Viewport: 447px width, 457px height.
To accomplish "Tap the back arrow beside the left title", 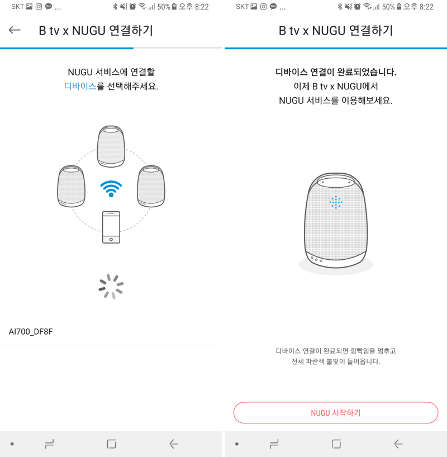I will coord(15,30).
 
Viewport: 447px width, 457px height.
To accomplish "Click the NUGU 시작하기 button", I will coord(336,413).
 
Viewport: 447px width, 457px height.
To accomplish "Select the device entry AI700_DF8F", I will coord(31,332).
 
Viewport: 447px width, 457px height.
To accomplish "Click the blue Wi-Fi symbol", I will coord(111,188).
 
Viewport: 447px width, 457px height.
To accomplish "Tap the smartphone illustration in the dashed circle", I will coord(111,227).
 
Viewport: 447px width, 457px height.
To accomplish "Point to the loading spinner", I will coord(111,286).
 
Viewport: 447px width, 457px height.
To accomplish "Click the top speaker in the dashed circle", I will coord(111,146).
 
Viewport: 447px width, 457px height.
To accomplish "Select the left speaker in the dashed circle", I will coord(72,187).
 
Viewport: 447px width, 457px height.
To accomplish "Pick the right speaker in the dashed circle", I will coord(151,187).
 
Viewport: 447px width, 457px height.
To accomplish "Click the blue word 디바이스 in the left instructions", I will coord(80,87).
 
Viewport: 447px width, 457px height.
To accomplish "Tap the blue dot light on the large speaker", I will coord(336,202).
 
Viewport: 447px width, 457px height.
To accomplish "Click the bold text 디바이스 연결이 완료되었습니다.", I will coord(336,72).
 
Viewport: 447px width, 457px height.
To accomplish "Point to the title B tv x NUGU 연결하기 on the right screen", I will coord(336,30).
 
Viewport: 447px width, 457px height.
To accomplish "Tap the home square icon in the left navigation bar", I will coord(111,444).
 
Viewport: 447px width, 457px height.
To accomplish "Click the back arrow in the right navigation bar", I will coord(398,444).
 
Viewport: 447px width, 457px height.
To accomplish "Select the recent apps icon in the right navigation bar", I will coord(274,444).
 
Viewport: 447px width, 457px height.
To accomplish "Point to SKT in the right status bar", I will coord(242,7).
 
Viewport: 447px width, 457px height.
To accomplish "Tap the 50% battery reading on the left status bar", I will coord(164,7).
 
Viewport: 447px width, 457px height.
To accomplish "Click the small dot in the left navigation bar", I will coord(12,444).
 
